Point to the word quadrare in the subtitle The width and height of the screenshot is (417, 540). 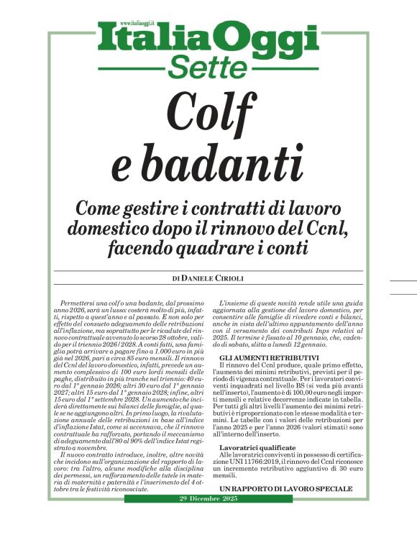pos(214,248)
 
